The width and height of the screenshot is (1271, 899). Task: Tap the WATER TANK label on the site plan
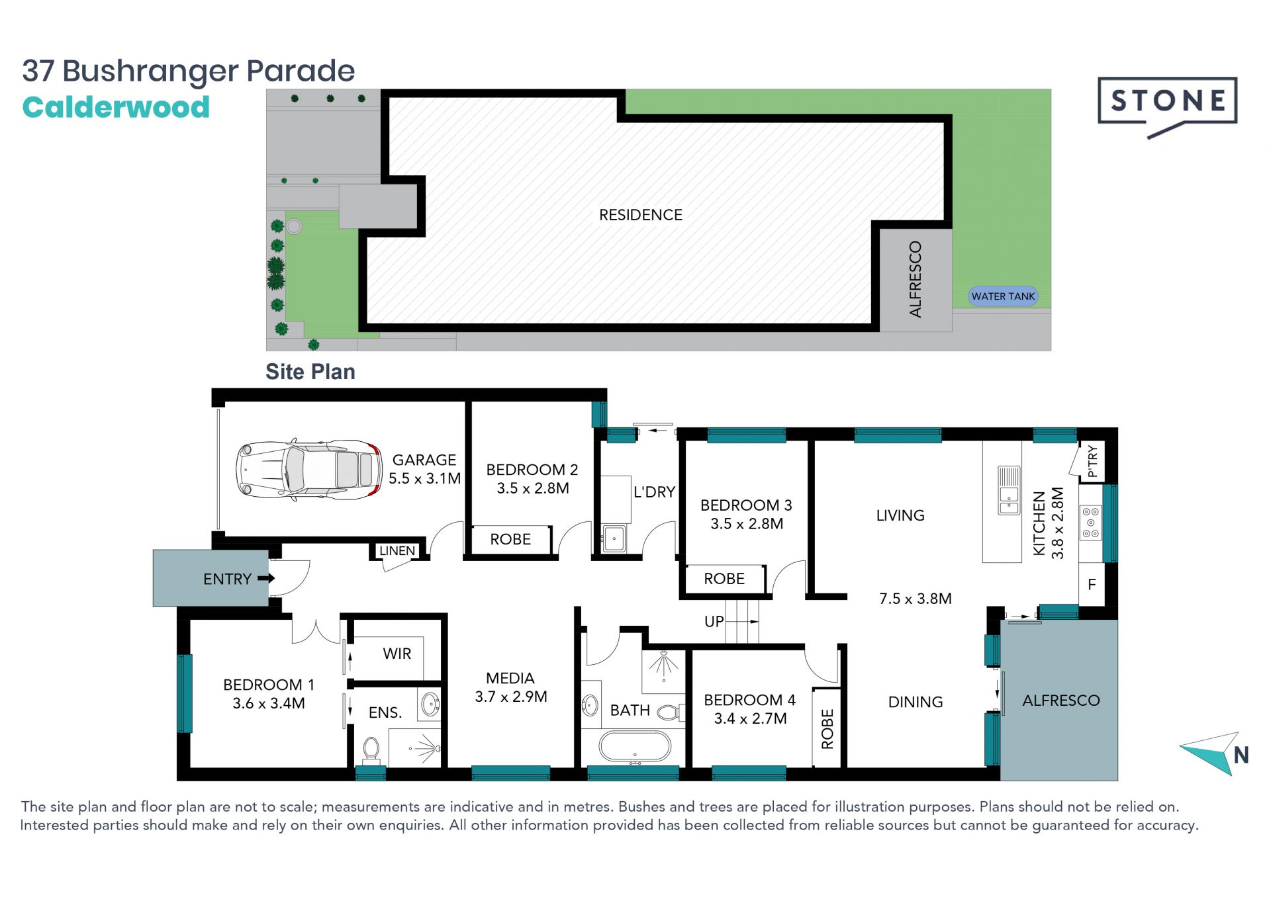coord(1003,296)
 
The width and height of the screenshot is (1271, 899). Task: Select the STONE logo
coord(1168,107)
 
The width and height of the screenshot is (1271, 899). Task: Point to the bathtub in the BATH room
coord(635,747)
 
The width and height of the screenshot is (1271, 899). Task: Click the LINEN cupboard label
coord(397,550)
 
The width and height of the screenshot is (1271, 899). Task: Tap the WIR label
coord(397,654)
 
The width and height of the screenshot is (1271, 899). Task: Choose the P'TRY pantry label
coord(1092,461)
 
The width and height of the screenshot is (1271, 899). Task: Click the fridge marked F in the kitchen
coord(1092,584)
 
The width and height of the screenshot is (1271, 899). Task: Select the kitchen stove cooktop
coord(1091,522)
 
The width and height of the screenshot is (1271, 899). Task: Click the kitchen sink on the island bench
coord(1009,490)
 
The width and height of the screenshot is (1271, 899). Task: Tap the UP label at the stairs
coord(714,622)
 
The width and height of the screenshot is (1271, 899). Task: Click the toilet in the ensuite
coord(371,751)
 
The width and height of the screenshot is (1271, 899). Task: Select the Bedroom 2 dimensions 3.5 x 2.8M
coord(533,488)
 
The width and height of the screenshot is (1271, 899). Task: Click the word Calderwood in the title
coord(116,107)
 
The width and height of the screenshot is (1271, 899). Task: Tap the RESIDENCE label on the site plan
coord(640,215)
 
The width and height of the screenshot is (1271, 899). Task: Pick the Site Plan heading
coord(310,372)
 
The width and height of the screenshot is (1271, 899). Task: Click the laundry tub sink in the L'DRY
coord(614,538)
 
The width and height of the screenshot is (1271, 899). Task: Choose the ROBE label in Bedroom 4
coord(827,729)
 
